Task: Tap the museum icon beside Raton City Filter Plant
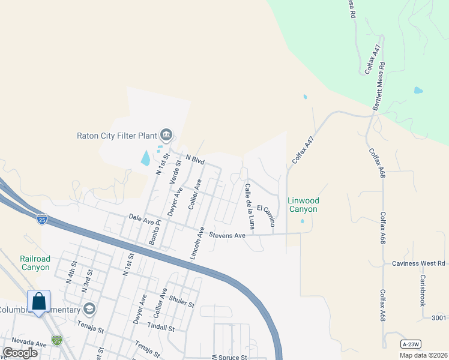click(167, 134)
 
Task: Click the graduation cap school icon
click(89, 310)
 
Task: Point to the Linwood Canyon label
click(303, 205)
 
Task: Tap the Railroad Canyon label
click(35, 263)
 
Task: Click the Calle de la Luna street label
click(250, 206)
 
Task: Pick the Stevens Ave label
click(227, 236)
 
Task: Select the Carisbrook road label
click(423, 290)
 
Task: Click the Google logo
click(20, 353)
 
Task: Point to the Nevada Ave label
click(24, 344)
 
